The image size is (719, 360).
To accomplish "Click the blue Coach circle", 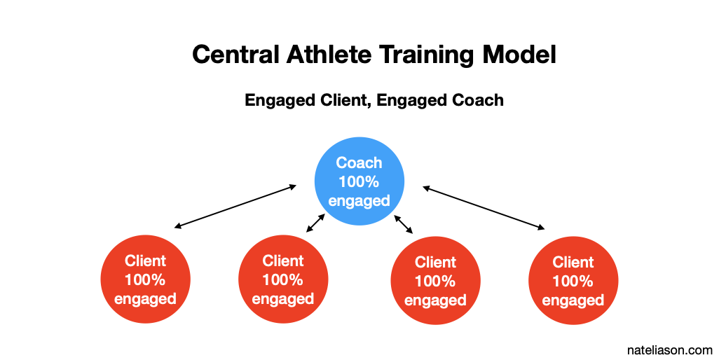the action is click(359, 181).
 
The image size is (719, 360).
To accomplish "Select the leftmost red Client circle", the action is click(145, 279).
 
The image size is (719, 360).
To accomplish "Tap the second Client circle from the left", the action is click(283, 279).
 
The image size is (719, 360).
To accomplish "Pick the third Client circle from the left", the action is click(435, 280).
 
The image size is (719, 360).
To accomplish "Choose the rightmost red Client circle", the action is click(573, 280).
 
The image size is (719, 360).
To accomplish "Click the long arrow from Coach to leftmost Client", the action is click(235, 206).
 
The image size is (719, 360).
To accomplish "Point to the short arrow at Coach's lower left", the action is click(315, 223).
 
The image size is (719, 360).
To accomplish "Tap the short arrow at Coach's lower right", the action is click(404, 224).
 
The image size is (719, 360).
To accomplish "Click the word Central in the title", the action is click(235, 55).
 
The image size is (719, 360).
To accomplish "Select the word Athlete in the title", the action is click(329, 55).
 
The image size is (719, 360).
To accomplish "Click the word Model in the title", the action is click(519, 55).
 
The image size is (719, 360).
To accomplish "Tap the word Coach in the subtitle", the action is click(478, 100).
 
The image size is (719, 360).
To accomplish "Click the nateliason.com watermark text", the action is click(669, 350).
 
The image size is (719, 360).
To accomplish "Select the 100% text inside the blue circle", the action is click(359, 182).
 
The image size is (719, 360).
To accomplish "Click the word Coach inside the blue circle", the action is click(359, 162).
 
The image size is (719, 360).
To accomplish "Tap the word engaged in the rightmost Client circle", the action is click(573, 301).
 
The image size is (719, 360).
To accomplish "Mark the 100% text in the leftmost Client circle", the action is click(145, 280).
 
